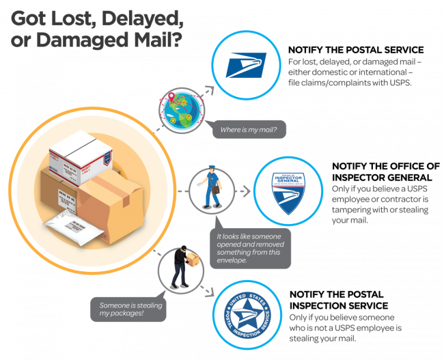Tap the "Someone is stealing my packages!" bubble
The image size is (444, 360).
(x=127, y=309)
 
